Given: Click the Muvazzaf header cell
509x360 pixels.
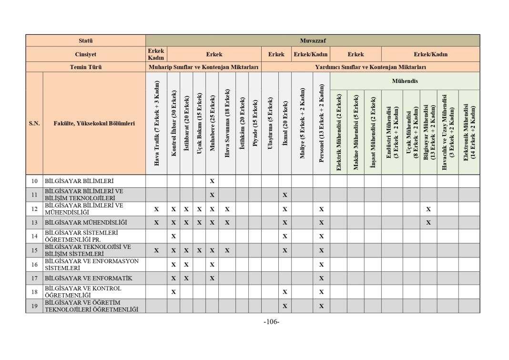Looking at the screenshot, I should pos(313,41).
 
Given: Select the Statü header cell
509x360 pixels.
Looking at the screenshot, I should pos(86,41).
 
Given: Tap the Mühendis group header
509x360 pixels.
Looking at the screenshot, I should pos(405,81).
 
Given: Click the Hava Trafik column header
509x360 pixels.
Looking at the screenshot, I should pos(156,123).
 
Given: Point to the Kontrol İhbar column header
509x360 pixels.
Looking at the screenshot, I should pos(173,123).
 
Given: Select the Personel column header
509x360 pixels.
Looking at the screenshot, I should pos(321,123).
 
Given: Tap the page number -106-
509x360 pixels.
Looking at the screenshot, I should pos(271,322).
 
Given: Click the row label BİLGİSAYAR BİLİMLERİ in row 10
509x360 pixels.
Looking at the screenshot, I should pos(79,181).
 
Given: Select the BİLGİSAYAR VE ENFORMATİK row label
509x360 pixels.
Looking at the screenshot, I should pos(89,278).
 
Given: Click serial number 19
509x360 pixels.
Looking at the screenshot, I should pos(34,306).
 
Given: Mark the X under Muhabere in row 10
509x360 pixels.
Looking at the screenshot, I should pos(212,181).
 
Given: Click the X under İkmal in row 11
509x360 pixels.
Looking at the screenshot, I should pos(285,195).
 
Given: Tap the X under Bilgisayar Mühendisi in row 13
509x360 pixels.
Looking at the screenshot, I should pos(428,222).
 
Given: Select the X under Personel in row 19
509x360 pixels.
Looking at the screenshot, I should pos(321,306).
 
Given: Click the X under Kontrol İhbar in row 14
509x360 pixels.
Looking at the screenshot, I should pos(173,236).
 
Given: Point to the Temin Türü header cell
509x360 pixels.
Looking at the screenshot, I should pos(86,67).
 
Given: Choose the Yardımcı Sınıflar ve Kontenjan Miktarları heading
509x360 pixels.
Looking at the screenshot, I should pos(370,67).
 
